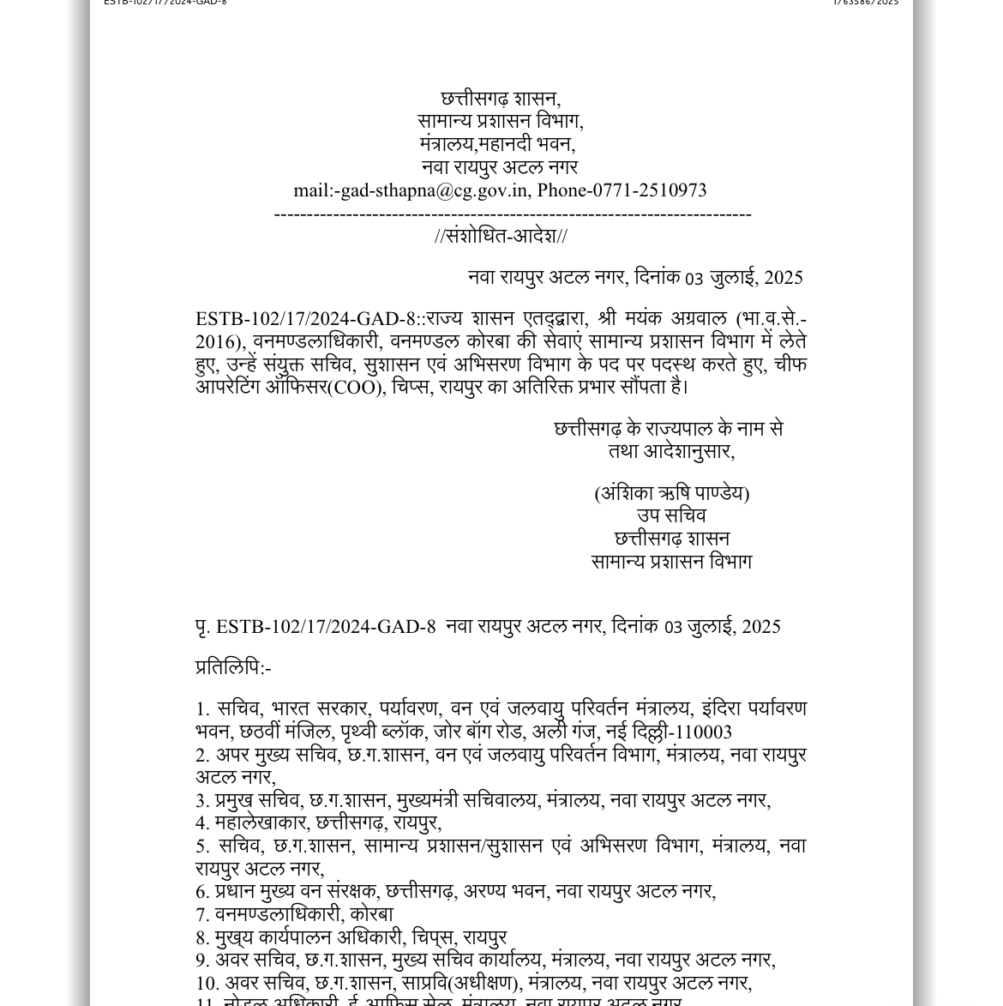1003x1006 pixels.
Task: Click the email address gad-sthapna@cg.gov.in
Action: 434,190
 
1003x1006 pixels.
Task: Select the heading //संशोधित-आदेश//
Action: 501,236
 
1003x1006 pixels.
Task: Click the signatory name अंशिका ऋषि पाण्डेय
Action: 672,494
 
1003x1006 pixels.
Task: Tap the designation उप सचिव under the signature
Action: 671,516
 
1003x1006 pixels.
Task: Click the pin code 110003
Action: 704,732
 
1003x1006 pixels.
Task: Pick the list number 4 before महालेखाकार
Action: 201,823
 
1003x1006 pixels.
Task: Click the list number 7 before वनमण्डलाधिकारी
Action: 201,915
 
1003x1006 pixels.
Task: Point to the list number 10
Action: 207,984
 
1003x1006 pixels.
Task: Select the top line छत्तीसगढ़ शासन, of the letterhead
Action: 501,99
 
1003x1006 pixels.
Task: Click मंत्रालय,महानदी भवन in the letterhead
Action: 497,145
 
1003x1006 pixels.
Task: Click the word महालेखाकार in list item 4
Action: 261,823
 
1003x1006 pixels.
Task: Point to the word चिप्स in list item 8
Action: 432,938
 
